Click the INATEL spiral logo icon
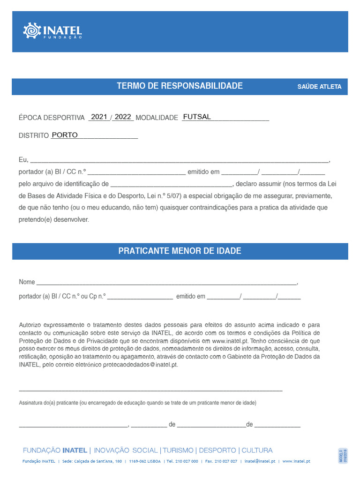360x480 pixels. tap(32, 31)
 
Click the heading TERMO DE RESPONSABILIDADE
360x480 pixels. tap(180, 86)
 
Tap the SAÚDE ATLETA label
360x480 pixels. tap(319, 87)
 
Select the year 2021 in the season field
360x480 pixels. tap(99, 117)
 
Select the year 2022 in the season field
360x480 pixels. tap(123, 117)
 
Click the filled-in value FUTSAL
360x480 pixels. tap(197, 117)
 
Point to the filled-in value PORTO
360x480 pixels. tap(65, 135)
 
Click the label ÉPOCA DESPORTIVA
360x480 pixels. tap(52, 118)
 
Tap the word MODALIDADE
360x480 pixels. tap(157, 118)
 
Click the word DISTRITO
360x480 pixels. tap(34, 135)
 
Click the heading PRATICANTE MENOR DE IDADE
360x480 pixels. tap(180, 251)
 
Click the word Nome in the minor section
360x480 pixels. tap(27, 282)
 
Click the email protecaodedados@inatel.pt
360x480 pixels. tap(140, 365)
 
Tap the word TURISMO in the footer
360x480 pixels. tap(178, 450)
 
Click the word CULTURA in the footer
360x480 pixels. tap(257, 450)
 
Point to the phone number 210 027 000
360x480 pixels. tap(187, 461)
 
